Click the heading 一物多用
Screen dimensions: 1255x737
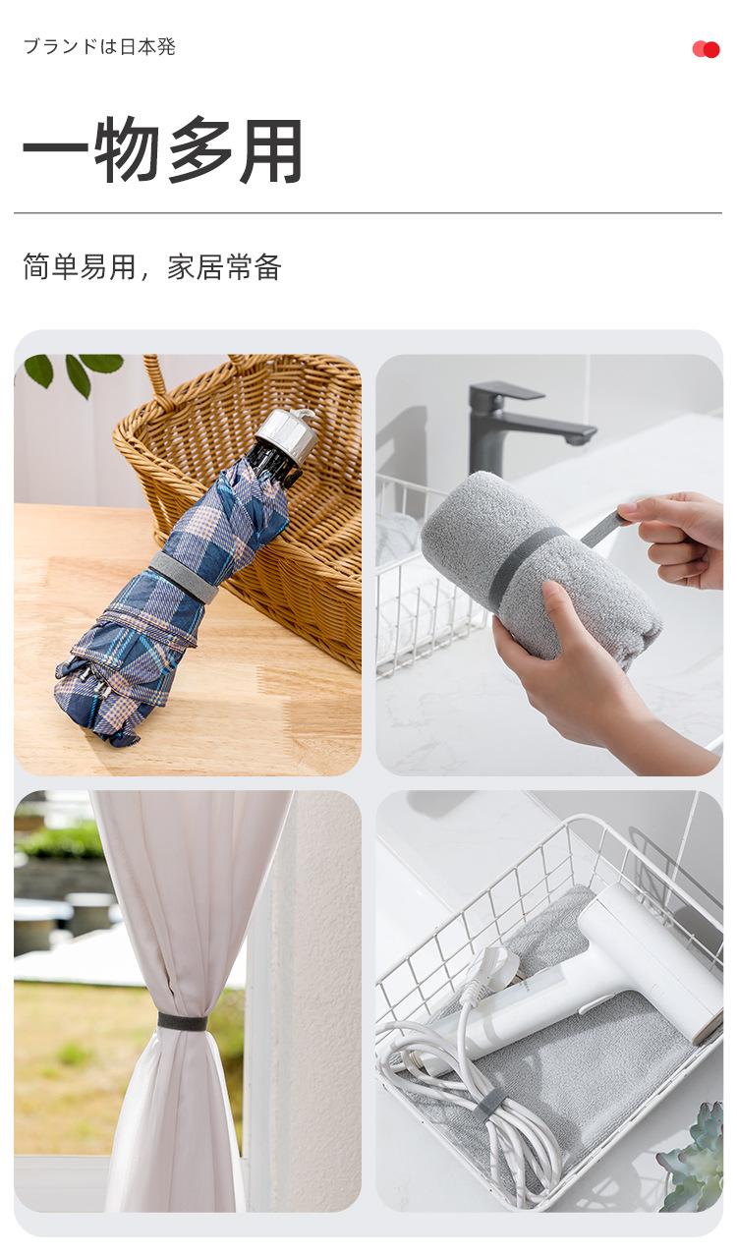(x=162, y=150)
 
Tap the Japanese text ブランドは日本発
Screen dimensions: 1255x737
(x=99, y=47)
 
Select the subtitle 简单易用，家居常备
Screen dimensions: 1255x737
(x=152, y=266)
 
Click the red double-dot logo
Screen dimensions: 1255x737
(x=706, y=49)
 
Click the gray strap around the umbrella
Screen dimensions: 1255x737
(x=184, y=577)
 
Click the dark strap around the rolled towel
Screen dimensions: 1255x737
(x=525, y=566)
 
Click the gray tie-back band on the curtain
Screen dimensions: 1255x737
(x=183, y=1021)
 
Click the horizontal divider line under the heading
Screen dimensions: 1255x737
(x=368, y=212)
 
